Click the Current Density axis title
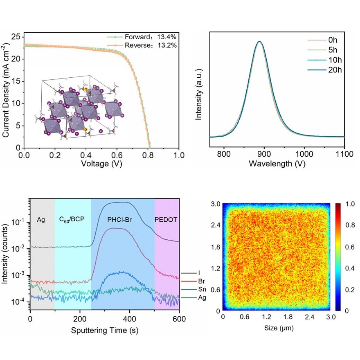(x=7, y=91)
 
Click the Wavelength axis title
(x=277, y=164)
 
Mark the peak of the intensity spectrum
(x=259, y=41)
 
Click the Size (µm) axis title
(x=277, y=328)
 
